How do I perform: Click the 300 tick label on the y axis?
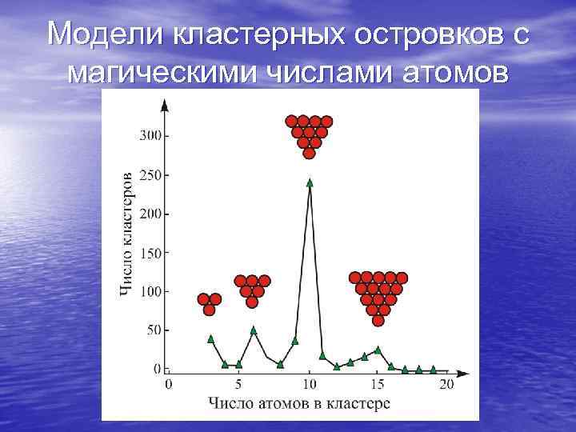150,135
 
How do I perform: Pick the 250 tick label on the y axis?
150,174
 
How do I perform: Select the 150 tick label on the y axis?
150,253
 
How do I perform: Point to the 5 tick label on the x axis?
238,385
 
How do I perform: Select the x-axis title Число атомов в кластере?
299,403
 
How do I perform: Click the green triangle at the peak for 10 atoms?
310,182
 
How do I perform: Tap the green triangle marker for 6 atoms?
254,330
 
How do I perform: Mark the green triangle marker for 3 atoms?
211,338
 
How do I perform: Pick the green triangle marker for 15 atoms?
378,350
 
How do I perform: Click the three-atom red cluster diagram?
209,303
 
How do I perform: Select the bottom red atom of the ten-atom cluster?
309,154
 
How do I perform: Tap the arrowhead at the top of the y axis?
165,104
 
